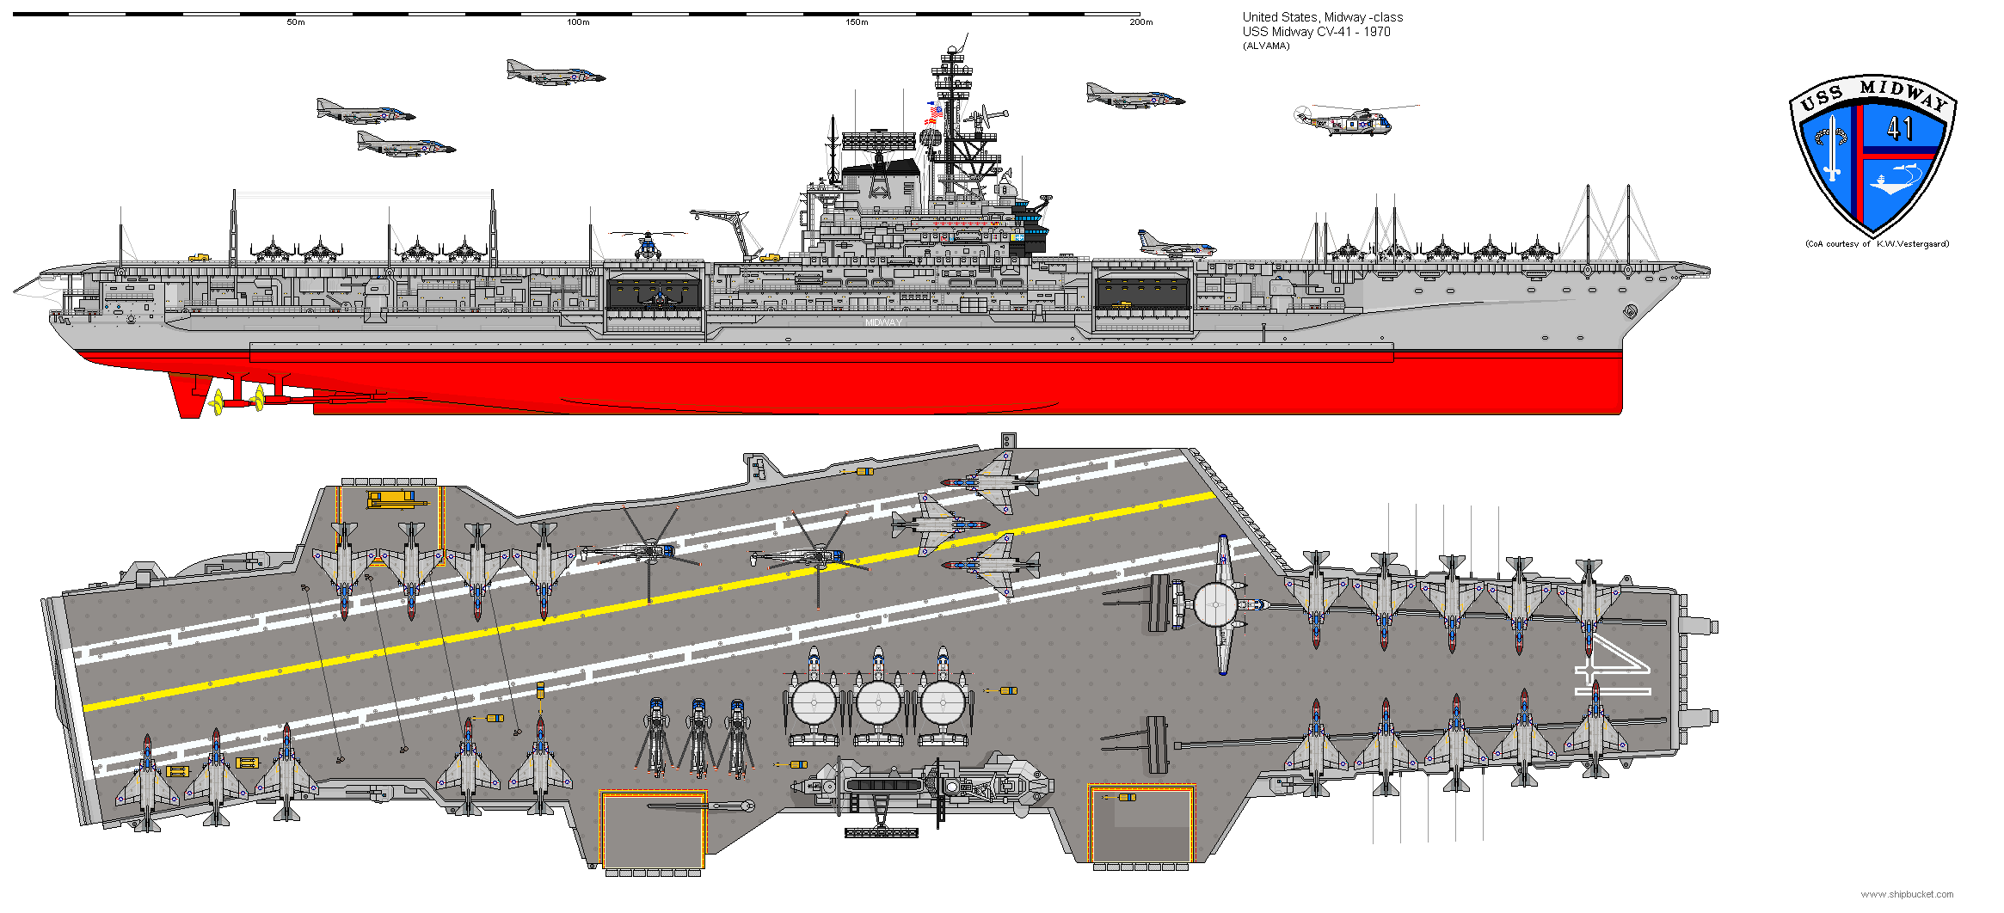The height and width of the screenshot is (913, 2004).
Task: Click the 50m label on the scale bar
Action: pos(296,22)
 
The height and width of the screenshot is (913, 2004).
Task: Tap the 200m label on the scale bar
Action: pos(1140,22)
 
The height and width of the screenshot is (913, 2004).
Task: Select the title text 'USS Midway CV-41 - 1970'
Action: pos(1316,32)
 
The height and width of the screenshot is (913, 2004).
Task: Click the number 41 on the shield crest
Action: pos(1899,129)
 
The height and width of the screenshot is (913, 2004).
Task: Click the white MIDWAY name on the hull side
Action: pos(883,322)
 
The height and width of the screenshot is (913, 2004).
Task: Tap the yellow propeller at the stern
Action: pos(218,401)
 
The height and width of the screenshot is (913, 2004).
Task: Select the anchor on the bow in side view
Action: pos(1630,311)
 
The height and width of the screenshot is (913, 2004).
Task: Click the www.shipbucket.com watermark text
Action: pos(1906,894)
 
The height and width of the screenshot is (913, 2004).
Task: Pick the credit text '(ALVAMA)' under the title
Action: pos(1266,46)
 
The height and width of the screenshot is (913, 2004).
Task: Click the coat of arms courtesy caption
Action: pos(1877,244)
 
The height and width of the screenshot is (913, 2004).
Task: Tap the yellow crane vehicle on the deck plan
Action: pos(395,498)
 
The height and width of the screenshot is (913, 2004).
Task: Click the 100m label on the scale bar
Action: pos(578,22)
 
